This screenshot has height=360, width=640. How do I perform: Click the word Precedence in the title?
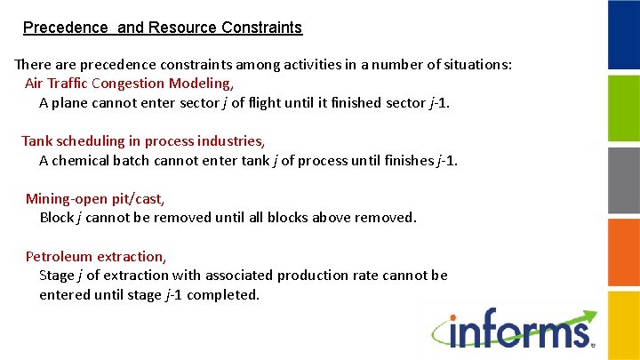(x=60, y=28)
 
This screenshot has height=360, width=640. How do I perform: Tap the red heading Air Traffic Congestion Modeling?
(x=129, y=84)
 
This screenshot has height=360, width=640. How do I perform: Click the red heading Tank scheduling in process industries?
(x=142, y=140)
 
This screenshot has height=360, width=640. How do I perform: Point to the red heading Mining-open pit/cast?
(x=94, y=198)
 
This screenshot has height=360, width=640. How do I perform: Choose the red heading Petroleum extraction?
(x=95, y=256)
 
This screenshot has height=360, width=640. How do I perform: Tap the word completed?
(x=223, y=295)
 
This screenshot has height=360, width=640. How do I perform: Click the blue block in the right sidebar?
(x=624, y=35)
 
